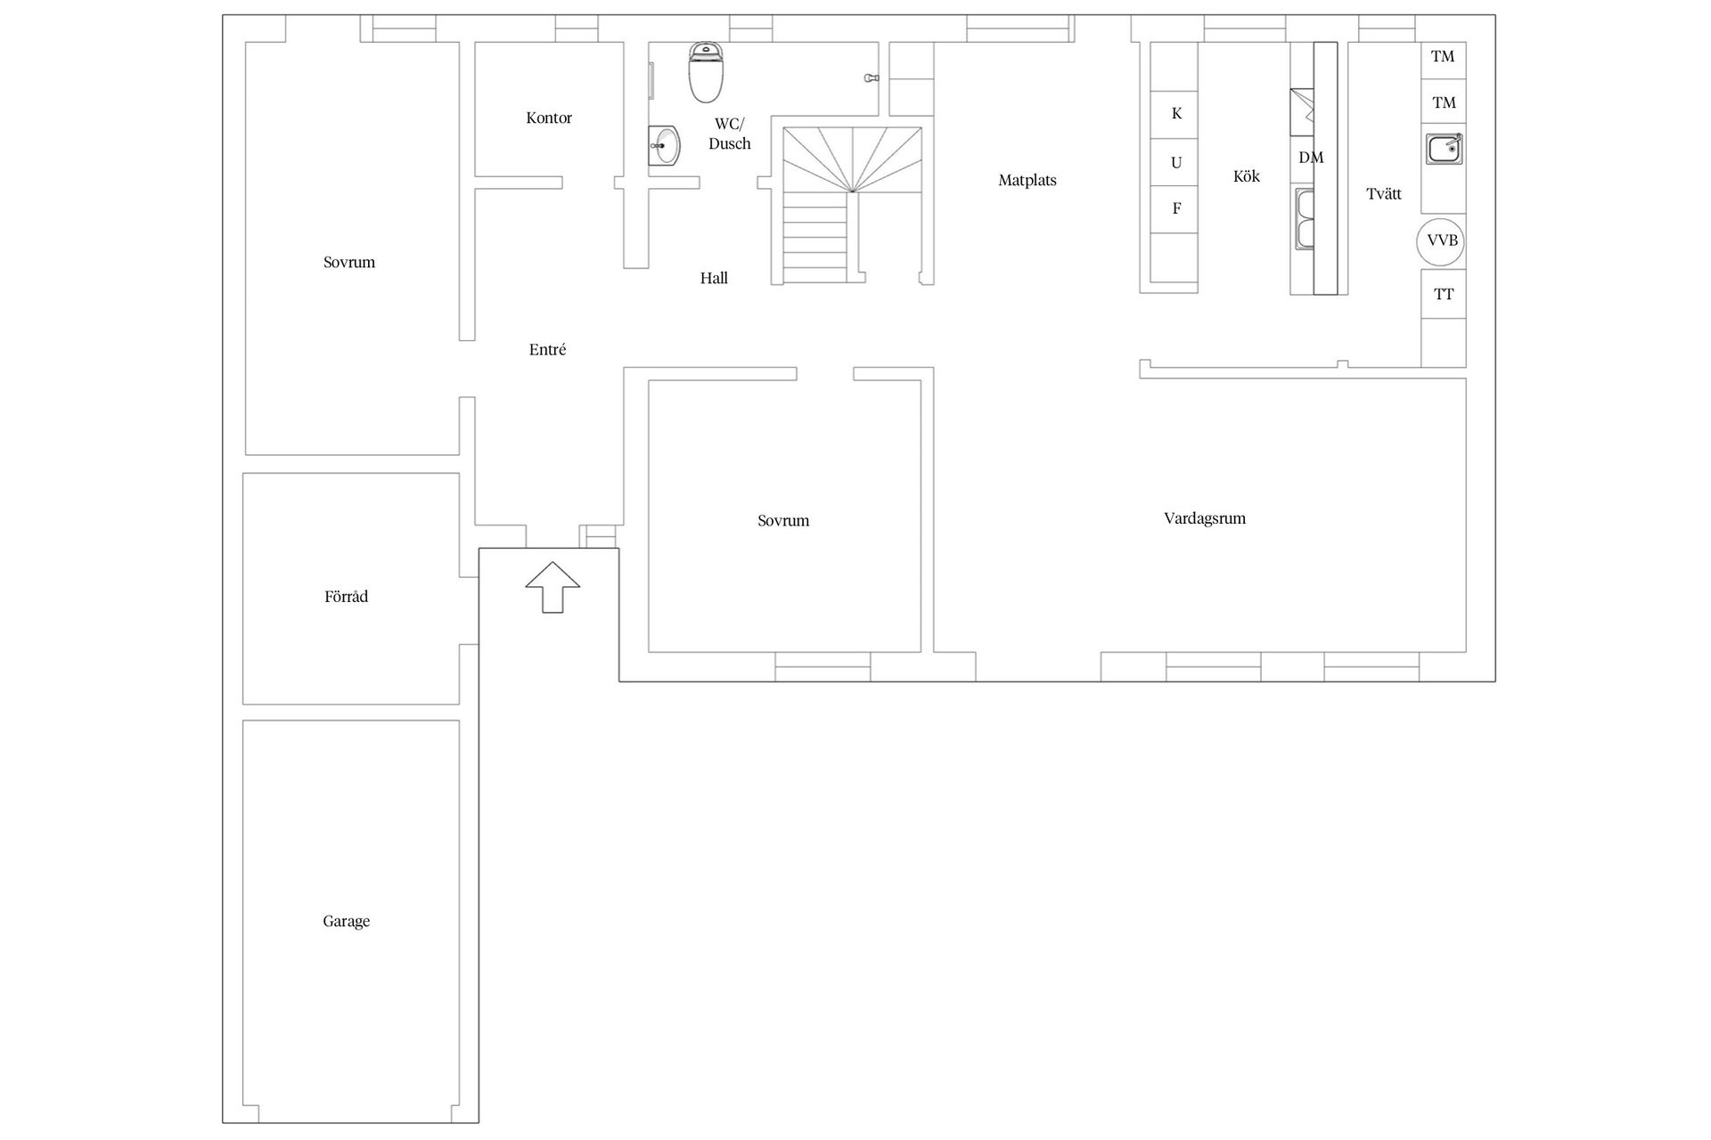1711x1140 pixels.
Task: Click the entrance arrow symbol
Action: [553, 587]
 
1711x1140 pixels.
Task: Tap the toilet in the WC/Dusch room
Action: [706, 72]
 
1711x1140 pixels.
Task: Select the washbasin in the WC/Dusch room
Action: [664, 145]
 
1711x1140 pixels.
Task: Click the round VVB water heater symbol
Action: [1441, 241]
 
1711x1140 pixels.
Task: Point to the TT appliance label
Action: [1444, 294]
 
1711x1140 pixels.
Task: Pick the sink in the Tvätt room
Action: [1445, 149]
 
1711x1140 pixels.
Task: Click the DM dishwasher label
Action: [1311, 158]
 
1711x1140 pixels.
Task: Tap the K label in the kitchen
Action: [1176, 114]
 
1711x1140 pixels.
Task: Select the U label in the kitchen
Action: [1176, 163]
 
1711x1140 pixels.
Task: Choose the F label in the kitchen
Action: [1176, 208]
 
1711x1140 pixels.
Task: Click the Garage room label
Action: [346, 922]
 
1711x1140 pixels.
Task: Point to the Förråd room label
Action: [346, 597]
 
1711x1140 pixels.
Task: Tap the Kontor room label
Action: [549, 118]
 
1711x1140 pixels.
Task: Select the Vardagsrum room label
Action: [1205, 518]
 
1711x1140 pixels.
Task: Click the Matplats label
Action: [1027, 181]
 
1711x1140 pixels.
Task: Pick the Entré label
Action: [547, 349]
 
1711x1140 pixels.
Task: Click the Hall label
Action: [714, 278]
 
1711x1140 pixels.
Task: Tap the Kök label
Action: [1247, 176]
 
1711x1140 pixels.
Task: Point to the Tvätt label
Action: [1384, 193]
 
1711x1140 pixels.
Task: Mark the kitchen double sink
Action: [1304, 219]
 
